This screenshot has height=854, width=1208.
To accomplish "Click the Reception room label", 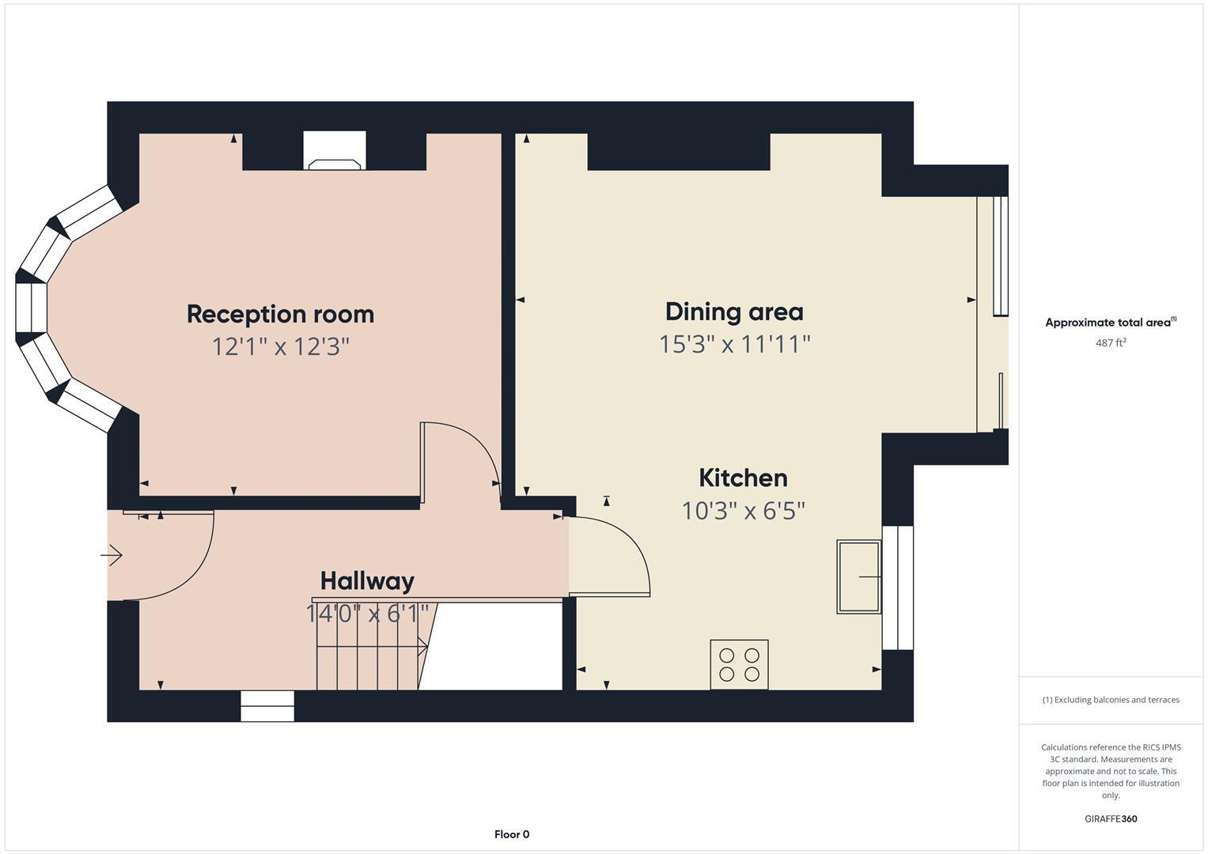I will [280, 314].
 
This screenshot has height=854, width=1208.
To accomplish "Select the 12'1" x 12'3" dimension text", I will [280, 346].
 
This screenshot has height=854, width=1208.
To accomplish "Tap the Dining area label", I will [734, 312].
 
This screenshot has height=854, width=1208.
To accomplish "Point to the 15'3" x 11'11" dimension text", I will [735, 344].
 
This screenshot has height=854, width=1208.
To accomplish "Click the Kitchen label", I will [743, 478].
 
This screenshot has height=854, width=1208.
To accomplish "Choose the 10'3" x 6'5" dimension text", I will [743, 511].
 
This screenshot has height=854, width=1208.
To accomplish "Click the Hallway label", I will [367, 581].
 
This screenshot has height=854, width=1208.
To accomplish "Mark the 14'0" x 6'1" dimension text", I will [367, 613].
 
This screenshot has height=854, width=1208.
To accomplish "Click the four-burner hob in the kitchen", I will [739, 664].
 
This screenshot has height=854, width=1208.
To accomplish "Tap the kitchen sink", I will [858, 576].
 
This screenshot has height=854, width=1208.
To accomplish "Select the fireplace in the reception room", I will [335, 151].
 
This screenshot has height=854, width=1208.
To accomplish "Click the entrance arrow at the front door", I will [112, 556].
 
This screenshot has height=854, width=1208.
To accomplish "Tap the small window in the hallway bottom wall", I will [267, 706].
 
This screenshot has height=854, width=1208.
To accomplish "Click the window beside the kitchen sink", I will [898, 588].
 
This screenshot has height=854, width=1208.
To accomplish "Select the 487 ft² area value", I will [1111, 342].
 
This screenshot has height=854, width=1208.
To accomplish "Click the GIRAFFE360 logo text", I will [1111, 818].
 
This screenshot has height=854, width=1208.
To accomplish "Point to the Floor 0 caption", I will [512, 834].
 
